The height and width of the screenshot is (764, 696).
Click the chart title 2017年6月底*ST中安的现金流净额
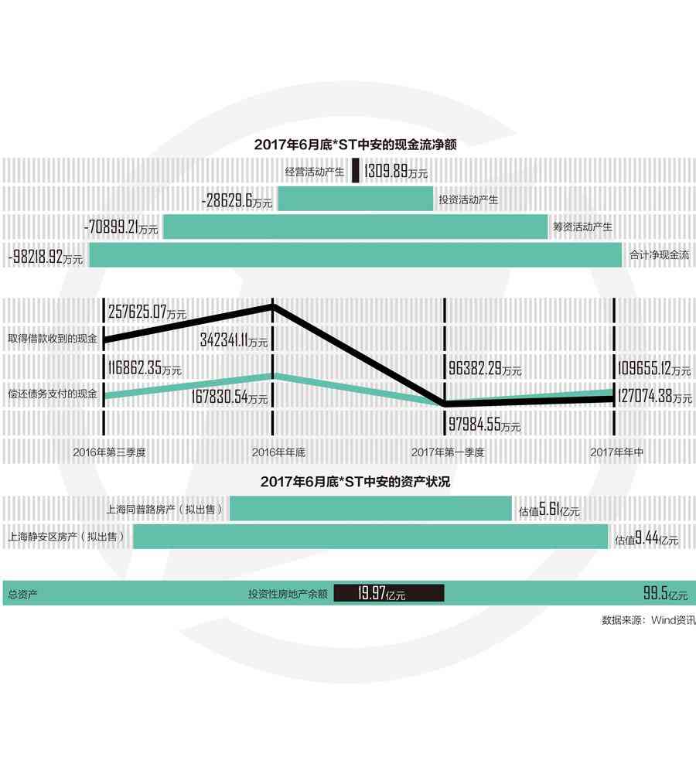coord(360,144)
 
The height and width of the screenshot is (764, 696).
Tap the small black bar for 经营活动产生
coord(356,171)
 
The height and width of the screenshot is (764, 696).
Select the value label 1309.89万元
coord(395,172)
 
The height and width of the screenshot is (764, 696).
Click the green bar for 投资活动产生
coord(356,200)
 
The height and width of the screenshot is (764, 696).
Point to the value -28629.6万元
coord(236,201)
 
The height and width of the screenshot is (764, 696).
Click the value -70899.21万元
coord(121,228)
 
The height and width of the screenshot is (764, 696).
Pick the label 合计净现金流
coord(659,254)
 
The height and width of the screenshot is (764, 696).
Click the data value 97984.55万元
coord(485,425)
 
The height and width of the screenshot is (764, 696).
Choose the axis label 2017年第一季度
coord(448,452)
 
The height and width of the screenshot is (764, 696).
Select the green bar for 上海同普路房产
coord(370,509)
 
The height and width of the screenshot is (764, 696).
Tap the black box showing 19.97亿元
coord(389,594)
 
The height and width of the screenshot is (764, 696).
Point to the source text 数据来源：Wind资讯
coord(648,620)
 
